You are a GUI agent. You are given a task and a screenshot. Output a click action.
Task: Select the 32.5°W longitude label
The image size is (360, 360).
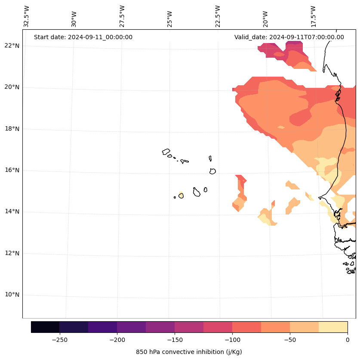(x=27, y=16)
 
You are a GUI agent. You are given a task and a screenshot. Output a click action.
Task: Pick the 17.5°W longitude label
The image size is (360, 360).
(x=313, y=16)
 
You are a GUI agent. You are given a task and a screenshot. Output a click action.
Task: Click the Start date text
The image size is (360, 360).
(x=83, y=37)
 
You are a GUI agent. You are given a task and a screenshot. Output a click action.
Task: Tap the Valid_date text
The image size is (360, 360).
(x=289, y=37)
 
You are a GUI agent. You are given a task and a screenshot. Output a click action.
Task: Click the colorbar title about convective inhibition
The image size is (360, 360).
(x=189, y=352)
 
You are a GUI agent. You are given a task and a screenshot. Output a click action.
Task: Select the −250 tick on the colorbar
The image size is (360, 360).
(x=59, y=340)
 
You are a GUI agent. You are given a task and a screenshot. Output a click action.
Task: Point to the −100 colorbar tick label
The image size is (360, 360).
(x=232, y=340)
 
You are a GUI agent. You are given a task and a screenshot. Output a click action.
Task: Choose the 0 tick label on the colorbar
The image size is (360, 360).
(x=347, y=340)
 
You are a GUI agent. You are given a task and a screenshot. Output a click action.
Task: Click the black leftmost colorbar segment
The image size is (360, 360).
(x=45, y=327)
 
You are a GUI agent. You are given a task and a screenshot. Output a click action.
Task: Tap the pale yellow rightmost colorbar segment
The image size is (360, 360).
(x=333, y=327)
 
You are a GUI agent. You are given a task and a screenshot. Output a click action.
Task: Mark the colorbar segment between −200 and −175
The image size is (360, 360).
(x=131, y=327)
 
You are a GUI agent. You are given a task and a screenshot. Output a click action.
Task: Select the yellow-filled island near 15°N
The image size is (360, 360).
(x=181, y=196)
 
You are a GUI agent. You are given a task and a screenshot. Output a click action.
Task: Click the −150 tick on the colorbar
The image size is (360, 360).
(x=175, y=340)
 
